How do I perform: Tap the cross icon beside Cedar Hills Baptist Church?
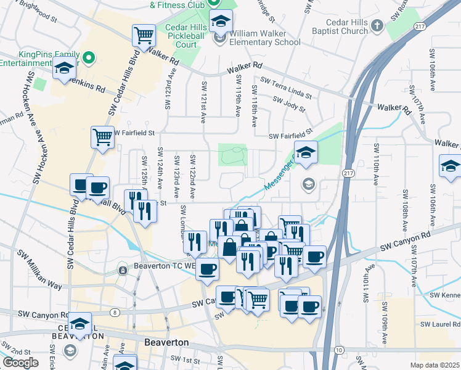click(378, 26)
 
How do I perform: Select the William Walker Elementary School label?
click(265, 38)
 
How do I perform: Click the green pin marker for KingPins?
click(89, 58)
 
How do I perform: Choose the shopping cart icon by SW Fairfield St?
click(102, 137)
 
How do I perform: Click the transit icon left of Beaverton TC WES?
click(122, 269)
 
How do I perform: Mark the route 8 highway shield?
click(116, 313)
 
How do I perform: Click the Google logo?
click(20, 362)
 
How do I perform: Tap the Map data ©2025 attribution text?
click(434, 365)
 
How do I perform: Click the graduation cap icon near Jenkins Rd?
click(63, 70)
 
